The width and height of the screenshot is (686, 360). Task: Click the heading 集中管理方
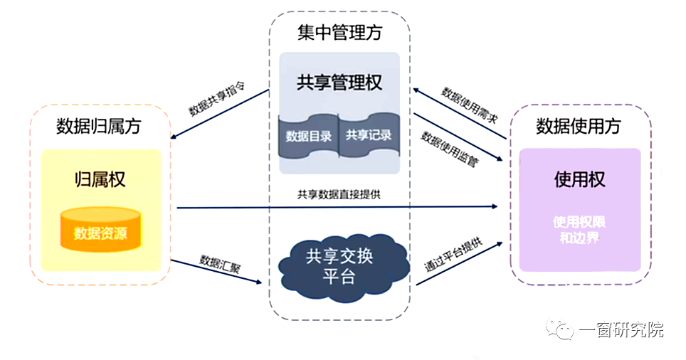pyautogui.click(x=339, y=32)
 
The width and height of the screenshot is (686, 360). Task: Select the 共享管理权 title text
pyautogui.click(x=339, y=83)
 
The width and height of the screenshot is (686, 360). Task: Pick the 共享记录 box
pyautogui.click(x=369, y=135)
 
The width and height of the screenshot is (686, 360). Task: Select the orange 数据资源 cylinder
pyautogui.click(x=100, y=228)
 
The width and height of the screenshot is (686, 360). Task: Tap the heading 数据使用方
pyautogui.click(x=578, y=126)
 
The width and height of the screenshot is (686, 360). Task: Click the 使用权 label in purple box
pyautogui.click(x=579, y=179)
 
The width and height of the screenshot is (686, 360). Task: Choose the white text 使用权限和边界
pyautogui.click(x=579, y=230)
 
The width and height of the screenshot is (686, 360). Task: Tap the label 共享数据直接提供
pyautogui.click(x=339, y=194)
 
